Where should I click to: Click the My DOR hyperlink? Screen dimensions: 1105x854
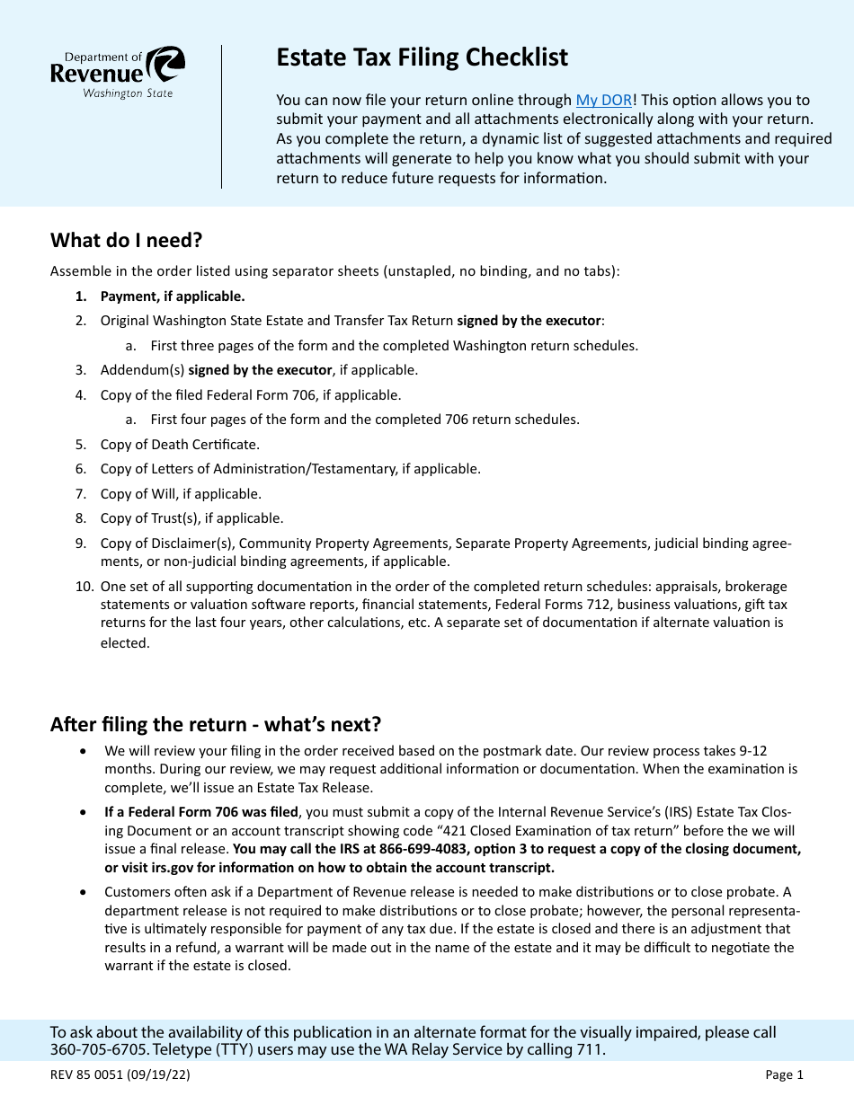[603, 101]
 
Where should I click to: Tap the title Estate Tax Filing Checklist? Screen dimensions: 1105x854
[422, 57]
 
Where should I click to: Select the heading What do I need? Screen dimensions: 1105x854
[127, 240]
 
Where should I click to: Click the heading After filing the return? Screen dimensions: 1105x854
[216, 724]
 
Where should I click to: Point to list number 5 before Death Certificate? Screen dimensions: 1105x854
[80, 445]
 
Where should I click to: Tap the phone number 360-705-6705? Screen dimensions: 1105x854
[93, 1049]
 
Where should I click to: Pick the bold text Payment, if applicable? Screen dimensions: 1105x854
[172, 296]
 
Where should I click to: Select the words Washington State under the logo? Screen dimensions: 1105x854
[128, 93]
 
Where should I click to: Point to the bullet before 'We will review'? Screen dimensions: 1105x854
[84, 751]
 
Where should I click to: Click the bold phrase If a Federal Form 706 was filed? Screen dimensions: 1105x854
[201, 812]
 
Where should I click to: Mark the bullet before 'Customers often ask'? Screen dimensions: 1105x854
[84, 892]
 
